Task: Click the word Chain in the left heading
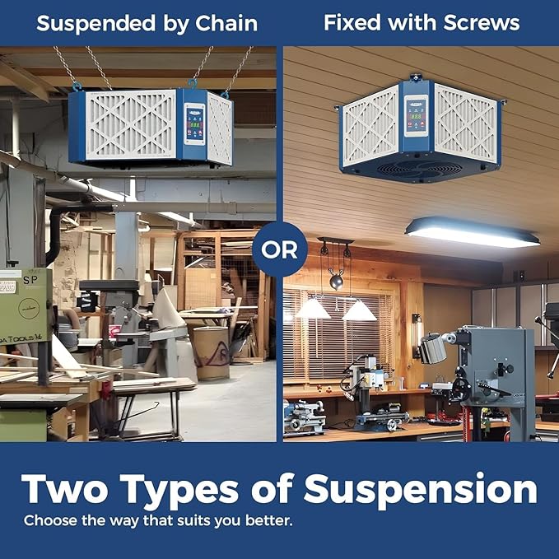point(226,24)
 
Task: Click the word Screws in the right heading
point(482,23)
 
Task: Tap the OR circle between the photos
point(280,249)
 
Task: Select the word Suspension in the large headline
point(421,490)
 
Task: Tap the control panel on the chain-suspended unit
point(194,124)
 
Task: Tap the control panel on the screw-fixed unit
point(416,116)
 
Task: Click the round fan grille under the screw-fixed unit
point(414,168)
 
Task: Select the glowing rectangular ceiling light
point(473,232)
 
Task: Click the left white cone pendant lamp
point(313,309)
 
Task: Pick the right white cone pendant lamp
point(359,310)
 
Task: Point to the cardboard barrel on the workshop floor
point(212,352)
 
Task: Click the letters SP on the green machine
point(30,280)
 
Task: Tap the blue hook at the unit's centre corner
point(193,84)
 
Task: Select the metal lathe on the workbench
point(304,417)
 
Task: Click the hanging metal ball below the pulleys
point(336,282)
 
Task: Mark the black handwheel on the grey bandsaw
point(461,389)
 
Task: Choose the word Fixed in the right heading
point(352,23)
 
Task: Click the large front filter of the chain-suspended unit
point(131,125)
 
